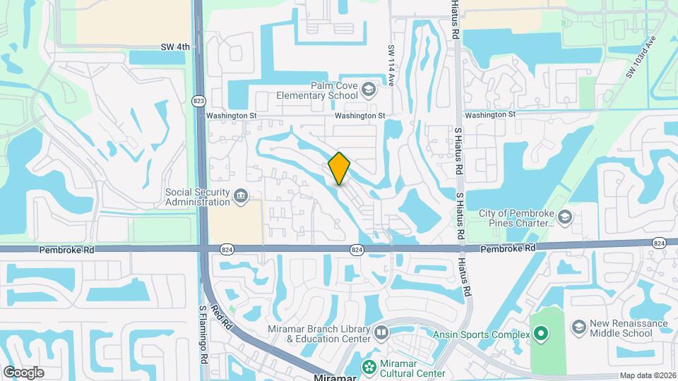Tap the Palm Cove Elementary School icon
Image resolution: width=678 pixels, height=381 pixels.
tap(367, 90)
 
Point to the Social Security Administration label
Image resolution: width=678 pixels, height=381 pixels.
tap(197, 197)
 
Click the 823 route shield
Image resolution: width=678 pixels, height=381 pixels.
tap(198, 102)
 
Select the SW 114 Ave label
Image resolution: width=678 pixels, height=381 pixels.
tap(390, 66)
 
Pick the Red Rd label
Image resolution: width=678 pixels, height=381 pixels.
tap(226, 317)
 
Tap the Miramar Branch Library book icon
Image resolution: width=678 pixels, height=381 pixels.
tap(381, 332)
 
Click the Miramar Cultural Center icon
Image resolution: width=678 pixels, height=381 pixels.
tap(368, 366)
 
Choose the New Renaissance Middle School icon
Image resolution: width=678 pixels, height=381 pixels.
tap(579, 327)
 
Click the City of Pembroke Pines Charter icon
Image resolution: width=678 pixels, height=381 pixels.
tap(564, 217)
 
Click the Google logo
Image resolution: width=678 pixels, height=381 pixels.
tap(23, 372)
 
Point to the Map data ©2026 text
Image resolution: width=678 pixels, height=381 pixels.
tap(648, 375)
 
